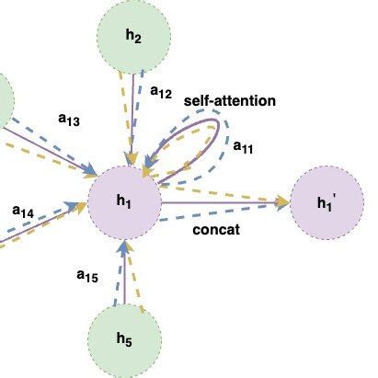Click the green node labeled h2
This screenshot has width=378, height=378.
point(133,38)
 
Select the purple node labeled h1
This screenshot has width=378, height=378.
point(123,201)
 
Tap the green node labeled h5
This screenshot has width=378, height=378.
point(123,340)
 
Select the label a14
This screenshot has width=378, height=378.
point(23,212)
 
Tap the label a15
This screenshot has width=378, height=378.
point(87,273)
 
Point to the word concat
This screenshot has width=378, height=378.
point(217,230)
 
